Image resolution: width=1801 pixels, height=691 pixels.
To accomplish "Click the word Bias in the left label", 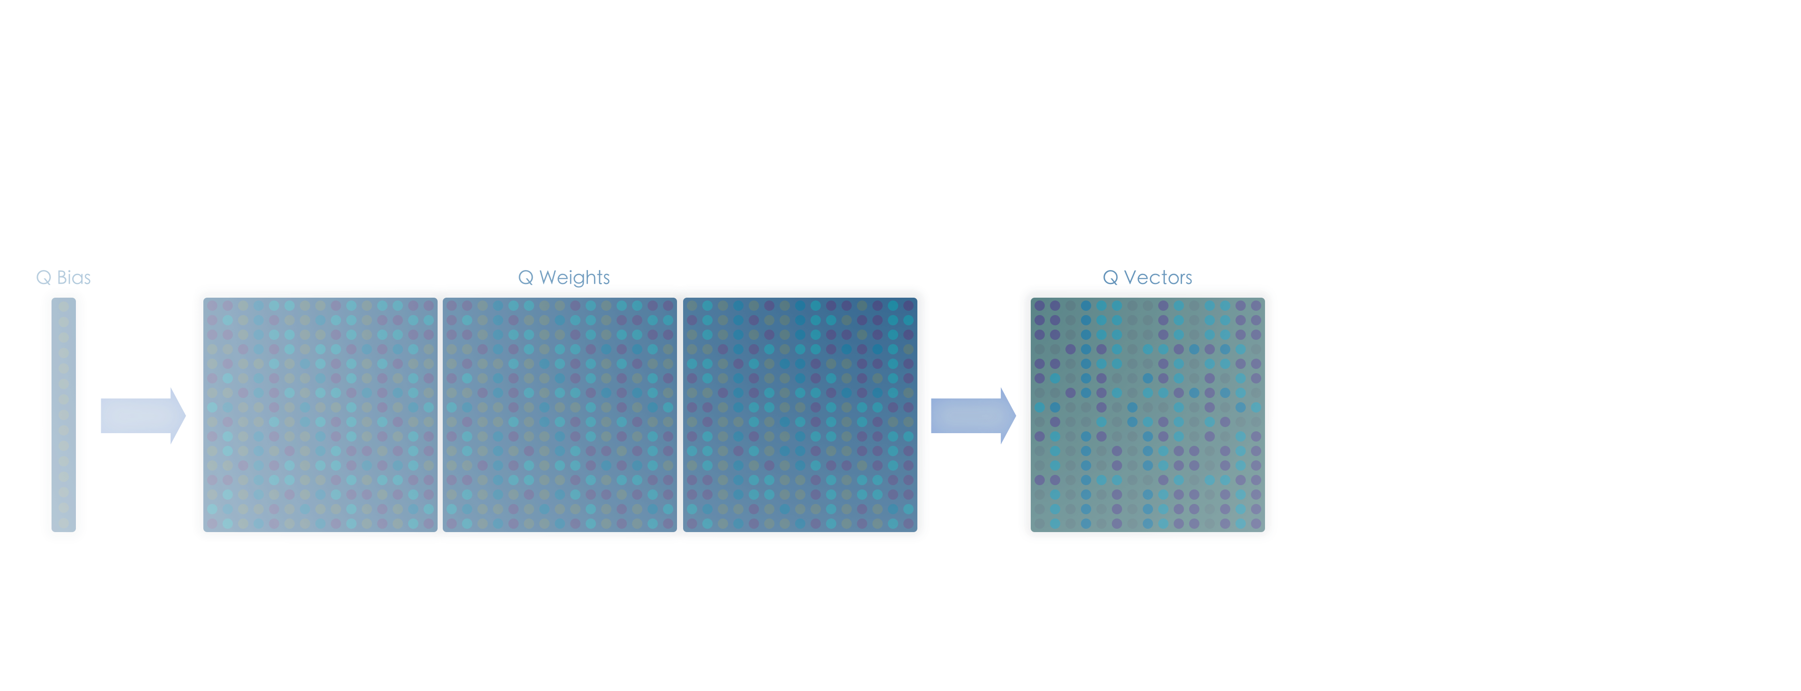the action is tap(74, 278).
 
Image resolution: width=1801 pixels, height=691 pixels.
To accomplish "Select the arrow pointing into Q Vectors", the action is tap(973, 415).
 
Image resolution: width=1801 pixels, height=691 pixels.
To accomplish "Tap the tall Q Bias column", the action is tap(64, 415).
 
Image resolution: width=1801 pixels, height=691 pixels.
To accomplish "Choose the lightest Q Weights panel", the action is tap(320, 415).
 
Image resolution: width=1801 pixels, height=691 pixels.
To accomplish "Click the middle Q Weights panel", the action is tap(560, 415).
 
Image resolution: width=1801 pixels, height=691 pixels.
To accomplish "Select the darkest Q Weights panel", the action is tap(800, 415).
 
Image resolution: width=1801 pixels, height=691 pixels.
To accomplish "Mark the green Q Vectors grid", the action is tap(1147, 415).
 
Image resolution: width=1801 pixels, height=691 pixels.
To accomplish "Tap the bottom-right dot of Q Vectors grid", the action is tap(1256, 523).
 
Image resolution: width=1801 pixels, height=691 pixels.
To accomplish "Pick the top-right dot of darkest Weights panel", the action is tap(908, 306).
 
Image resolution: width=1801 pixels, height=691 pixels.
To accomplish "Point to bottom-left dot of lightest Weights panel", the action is tap(212, 523).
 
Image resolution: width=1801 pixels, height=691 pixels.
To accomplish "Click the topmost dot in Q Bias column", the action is tap(64, 306).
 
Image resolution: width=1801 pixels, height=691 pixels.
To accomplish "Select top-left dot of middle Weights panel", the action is tap(452, 306).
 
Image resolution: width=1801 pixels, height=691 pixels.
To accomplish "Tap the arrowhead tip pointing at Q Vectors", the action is tap(1015, 415).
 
